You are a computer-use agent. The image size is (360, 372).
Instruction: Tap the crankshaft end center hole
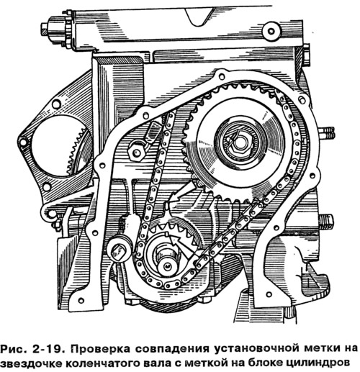click(x=168, y=266)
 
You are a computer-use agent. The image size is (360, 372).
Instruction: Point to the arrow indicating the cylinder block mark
click(x=182, y=192)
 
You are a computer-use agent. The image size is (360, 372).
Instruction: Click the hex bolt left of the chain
click(x=136, y=152)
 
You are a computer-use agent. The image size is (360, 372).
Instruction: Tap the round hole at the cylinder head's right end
click(x=271, y=31)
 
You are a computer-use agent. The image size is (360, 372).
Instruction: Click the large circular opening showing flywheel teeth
click(x=60, y=146)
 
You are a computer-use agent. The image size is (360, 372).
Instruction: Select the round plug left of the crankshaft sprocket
click(x=119, y=250)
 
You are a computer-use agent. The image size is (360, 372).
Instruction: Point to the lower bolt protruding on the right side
click(x=326, y=222)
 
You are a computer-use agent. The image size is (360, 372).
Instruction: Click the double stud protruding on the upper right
click(x=327, y=133)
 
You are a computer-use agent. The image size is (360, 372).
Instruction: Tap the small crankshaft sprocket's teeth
click(x=174, y=230)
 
